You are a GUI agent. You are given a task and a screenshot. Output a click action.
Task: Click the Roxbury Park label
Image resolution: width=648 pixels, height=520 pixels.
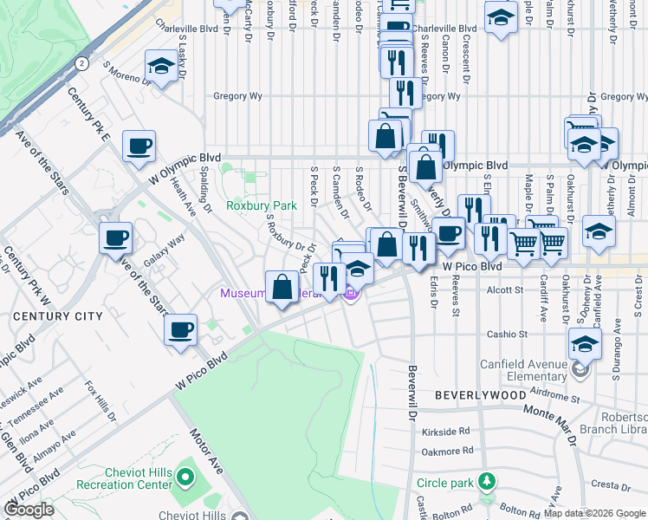pyautogui.click(x=261, y=205)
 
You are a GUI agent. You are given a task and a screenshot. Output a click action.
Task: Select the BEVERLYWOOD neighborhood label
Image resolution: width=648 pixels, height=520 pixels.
pyautogui.click(x=480, y=394)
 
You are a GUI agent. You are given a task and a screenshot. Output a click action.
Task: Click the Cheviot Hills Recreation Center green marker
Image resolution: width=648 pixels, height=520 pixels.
pyautogui.click(x=184, y=476)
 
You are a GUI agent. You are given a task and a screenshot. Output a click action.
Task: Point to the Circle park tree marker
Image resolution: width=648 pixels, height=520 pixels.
pyautogui.click(x=488, y=480)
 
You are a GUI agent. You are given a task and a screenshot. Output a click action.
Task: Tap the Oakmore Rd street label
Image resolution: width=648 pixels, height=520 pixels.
pyautogui.click(x=446, y=451)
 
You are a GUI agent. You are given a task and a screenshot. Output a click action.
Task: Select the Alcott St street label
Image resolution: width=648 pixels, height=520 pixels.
pyautogui.click(x=506, y=290)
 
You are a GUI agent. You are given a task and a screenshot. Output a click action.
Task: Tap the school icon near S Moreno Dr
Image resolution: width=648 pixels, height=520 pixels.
pyautogui.click(x=160, y=66)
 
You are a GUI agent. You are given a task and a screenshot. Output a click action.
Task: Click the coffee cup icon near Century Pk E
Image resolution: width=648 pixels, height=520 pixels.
pyautogui.click(x=138, y=146)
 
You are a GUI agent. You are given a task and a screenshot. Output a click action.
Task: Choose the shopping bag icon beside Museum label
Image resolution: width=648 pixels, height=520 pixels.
pyautogui.click(x=282, y=287)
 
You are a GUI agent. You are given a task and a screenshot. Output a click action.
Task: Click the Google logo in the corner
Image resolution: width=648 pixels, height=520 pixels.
pyautogui.click(x=29, y=510)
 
